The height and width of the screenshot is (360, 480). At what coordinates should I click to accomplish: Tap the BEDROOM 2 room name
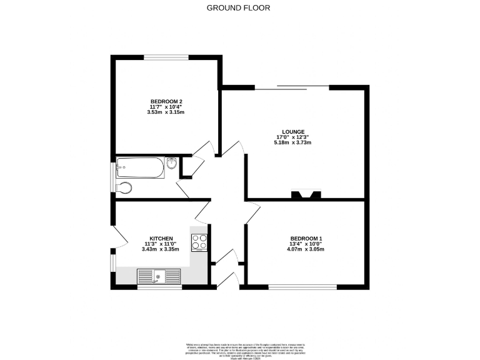tap(166, 101)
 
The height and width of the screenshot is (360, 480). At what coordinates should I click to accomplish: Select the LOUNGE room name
tap(292, 132)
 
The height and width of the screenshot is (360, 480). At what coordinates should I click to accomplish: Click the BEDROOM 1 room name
tap(306, 238)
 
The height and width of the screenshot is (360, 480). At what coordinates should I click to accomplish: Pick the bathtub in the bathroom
tap(141, 167)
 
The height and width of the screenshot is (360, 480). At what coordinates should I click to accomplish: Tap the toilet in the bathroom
tap(124, 188)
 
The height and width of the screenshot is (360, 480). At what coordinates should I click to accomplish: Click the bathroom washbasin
tap(172, 164)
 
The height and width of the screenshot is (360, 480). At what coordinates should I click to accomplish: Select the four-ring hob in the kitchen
tap(200, 242)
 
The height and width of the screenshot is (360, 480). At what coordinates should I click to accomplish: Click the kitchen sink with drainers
tap(159, 276)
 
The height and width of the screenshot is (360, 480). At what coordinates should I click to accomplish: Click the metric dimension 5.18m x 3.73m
tap(292, 143)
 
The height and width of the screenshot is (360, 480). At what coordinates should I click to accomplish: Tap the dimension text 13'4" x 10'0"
tap(306, 244)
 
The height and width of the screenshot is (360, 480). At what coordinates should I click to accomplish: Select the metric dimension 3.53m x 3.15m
tap(166, 112)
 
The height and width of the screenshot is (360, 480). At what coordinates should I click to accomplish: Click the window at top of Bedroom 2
tap(166, 57)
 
